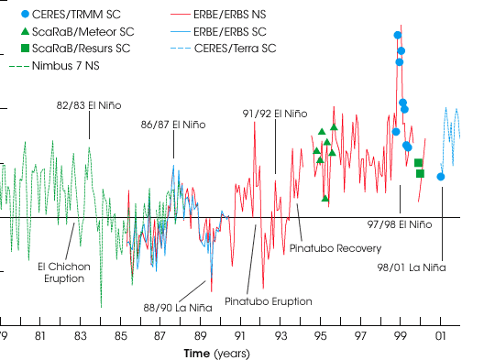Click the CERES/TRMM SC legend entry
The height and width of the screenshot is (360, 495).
71,14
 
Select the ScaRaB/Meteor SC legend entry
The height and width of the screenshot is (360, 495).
77,31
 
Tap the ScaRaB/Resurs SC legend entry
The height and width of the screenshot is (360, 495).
75,49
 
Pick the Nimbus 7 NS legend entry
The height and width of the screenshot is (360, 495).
54,66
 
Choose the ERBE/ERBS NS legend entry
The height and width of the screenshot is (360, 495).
218,14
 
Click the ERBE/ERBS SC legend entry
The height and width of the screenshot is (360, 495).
218,31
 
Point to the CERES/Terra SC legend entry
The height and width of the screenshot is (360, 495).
223,49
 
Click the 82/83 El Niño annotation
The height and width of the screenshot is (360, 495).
89,105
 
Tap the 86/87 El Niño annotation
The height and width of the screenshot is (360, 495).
173,125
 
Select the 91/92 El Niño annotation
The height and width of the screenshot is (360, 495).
275,114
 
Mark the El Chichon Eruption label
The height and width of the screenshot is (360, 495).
64,273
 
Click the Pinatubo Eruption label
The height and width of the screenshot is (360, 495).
269,301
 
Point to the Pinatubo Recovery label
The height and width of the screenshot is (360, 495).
335,248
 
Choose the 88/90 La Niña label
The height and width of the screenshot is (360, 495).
178,308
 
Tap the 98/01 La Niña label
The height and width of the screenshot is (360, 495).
412,267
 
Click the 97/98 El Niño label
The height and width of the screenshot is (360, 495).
400,224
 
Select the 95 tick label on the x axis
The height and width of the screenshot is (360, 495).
321,336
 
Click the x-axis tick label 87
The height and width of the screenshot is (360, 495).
160,336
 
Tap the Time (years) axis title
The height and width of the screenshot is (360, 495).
217,354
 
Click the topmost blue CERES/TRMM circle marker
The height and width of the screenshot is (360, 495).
398,36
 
